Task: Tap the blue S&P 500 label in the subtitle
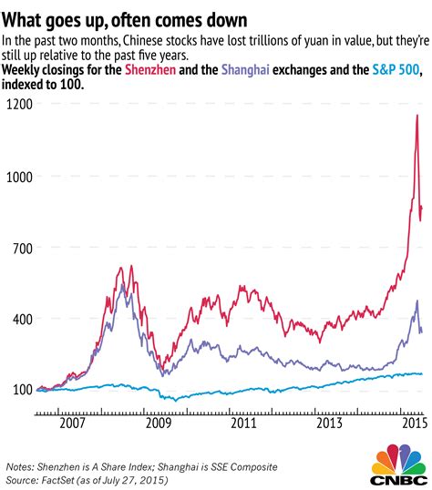(x=397, y=70)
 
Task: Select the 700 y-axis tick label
(x=21, y=247)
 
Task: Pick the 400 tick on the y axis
(x=21, y=319)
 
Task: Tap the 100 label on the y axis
(x=21, y=390)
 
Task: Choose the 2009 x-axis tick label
(x=159, y=424)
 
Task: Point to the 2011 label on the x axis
(x=242, y=424)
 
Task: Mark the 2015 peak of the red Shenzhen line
(x=417, y=116)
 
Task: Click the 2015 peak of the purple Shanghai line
(x=417, y=301)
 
